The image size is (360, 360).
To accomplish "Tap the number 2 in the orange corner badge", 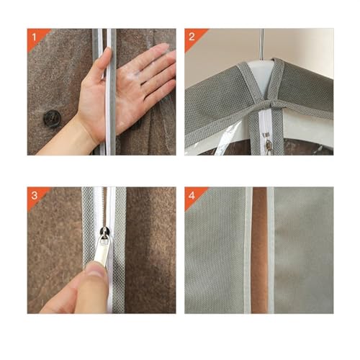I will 192,37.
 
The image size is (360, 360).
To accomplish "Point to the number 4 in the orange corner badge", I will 192,195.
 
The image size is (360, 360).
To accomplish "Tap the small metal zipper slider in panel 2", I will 269,145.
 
